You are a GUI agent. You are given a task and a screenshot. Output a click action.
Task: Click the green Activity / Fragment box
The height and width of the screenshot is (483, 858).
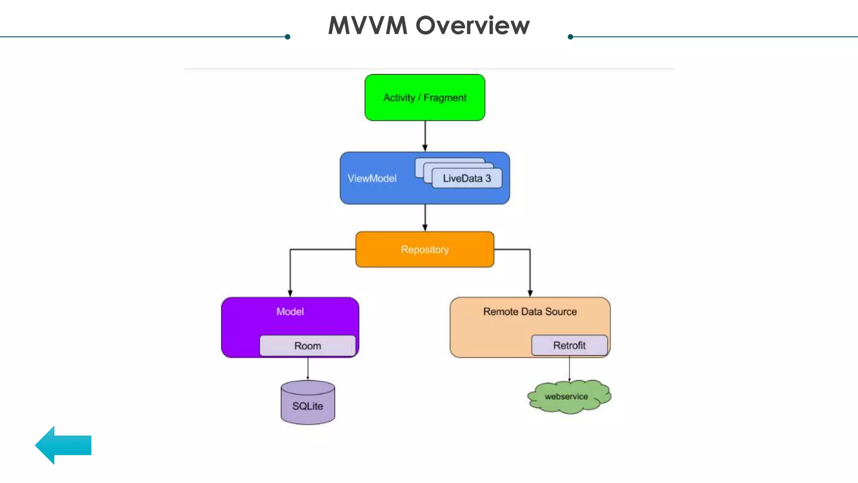[x=424, y=98]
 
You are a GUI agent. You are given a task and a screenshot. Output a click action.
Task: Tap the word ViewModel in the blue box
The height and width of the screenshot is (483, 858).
[x=372, y=179]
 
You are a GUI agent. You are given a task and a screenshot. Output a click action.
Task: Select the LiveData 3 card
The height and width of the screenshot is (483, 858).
[x=467, y=179]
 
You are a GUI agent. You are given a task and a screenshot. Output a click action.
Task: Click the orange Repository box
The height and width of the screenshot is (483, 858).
[x=424, y=249]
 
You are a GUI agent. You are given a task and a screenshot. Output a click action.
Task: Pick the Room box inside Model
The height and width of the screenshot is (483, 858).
[x=308, y=346]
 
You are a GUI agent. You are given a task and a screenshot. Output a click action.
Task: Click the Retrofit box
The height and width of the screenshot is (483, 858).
[x=569, y=345]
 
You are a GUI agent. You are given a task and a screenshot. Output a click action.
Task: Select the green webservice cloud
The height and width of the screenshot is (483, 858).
[x=568, y=397]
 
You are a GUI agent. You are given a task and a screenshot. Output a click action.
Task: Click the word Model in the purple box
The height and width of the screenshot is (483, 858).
[x=290, y=312]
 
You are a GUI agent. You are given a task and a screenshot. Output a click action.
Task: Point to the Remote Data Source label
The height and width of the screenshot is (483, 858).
[x=530, y=312]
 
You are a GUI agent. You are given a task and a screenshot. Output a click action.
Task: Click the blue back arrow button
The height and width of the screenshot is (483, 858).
[x=63, y=445]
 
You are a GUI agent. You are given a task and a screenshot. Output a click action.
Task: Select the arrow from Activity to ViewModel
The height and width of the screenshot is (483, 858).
[x=425, y=136]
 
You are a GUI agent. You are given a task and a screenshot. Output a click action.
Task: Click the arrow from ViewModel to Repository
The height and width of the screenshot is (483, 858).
[x=425, y=218]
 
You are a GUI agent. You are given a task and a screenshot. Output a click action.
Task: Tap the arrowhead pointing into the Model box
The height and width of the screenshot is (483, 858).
[x=290, y=293]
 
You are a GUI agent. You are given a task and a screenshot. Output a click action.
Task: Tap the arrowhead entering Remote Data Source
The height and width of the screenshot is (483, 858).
[x=530, y=293]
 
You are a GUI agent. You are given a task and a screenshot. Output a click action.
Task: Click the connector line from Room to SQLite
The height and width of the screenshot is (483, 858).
[x=308, y=369]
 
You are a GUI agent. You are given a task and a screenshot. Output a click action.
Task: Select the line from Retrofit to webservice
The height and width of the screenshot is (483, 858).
[x=569, y=369]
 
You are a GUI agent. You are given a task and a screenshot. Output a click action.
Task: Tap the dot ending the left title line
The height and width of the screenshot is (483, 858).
[x=287, y=37]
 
